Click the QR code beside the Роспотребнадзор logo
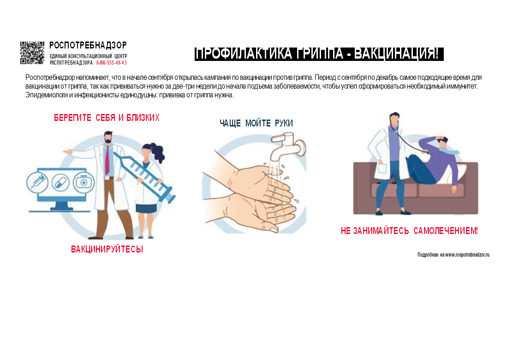point(32,53)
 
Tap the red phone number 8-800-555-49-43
point(111,63)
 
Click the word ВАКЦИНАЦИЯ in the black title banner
point(396,54)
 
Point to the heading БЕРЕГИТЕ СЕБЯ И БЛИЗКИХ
point(107,118)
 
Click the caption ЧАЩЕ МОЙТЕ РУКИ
point(256,123)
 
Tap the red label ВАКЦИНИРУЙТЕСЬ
point(107,249)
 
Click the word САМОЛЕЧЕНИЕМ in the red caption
point(446,231)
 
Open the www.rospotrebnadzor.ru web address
point(467,255)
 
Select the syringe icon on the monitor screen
point(37,182)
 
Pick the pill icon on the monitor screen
point(60,182)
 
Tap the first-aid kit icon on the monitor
point(84,182)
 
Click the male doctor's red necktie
point(107,160)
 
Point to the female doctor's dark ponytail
point(158,152)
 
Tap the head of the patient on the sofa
point(442,141)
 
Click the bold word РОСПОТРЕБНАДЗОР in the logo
point(88,45)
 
